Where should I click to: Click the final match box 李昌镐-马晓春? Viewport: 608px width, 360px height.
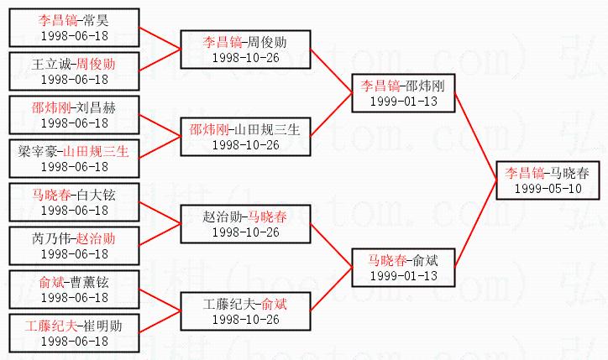click(x=547, y=180)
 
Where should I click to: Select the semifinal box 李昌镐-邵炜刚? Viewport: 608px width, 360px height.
click(x=403, y=93)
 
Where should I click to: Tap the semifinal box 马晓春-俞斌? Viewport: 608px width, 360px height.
click(x=403, y=268)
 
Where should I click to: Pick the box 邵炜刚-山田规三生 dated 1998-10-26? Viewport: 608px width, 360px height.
click(x=245, y=137)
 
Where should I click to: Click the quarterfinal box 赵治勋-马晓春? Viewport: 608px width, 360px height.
click(x=245, y=224)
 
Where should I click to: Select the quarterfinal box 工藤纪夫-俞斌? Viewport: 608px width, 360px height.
click(x=245, y=311)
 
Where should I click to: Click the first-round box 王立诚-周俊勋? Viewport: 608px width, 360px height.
click(x=74, y=71)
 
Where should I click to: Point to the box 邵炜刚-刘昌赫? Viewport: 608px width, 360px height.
click(x=74, y=115)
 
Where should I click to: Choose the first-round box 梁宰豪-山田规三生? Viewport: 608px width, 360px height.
click(x=74, y=159)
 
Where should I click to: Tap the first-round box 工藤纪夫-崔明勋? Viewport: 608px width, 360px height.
click(x=74, y=333)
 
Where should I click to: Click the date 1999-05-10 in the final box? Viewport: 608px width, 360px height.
click(x=547, y=189)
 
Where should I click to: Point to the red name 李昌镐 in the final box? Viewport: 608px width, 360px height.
click(x=525, y=174)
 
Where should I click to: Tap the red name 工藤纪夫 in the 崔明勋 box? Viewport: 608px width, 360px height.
click(x=49, y=326)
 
